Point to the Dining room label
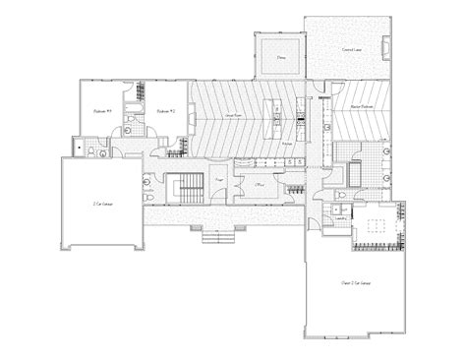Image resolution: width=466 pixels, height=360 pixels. click(280, 58)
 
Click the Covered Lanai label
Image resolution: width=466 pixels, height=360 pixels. click(348, 48)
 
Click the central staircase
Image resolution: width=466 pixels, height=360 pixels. click(184, 186)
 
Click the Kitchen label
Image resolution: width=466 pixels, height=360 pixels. click(286, 145)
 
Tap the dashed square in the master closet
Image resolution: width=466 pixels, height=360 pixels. click(377, 227)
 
